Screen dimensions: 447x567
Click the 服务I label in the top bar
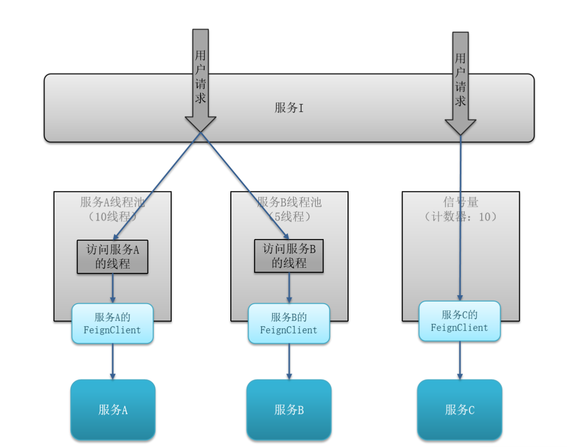289,108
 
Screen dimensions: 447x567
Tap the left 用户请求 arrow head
201,124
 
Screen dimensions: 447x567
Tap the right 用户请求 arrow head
460,127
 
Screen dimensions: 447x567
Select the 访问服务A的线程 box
113,256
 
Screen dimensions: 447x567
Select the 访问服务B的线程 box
289,256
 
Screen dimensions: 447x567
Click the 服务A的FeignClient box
113,323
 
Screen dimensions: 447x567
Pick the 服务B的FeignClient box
289,323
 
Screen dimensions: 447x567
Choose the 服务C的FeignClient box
460,321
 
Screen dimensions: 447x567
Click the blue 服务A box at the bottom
113,410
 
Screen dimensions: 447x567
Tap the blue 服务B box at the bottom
289,410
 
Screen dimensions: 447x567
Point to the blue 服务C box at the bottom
460,410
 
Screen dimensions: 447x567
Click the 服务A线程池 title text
113,202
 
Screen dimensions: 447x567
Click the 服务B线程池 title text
289,202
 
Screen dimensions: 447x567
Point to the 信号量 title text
460,202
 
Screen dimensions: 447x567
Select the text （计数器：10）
460,217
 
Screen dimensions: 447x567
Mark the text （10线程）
113,217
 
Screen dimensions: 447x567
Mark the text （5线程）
289,217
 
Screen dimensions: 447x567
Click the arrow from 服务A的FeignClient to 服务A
113,361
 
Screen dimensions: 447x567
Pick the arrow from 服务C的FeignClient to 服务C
460,360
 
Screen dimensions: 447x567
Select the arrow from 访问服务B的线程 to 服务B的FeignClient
289,288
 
